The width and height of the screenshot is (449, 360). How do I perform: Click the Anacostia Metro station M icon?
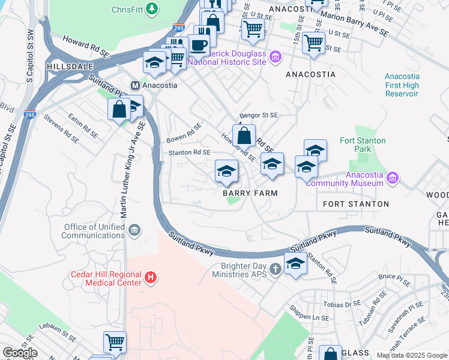pos(136,85)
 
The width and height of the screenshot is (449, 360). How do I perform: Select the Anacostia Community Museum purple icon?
pos(393,178)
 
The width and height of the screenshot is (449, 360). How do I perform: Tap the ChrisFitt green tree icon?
pos(152,9)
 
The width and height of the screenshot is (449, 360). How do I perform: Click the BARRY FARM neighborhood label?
pos(250,193)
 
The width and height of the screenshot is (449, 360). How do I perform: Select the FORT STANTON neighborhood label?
pos(355,204)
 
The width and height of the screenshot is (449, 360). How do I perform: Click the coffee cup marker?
pos(198,45)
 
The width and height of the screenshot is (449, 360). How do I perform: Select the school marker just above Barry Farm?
pos(226,172)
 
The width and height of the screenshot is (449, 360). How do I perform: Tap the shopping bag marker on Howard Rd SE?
pos(244,136)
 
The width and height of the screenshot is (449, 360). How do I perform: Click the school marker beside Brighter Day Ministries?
pos(295,264)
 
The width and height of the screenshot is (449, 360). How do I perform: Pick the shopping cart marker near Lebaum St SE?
pos(115,343)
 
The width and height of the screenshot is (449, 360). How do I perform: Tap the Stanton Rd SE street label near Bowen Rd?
pos(188,153)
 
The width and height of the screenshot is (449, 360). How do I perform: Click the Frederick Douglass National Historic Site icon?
pos(276,57)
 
